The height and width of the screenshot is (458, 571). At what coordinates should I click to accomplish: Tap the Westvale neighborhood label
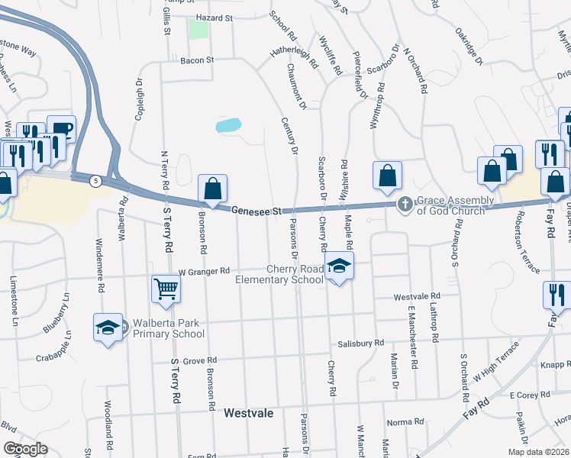pyautogui.click(x=249, y=413)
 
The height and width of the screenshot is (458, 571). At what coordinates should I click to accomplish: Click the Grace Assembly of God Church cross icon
pyautogui.click(x=405, y=204)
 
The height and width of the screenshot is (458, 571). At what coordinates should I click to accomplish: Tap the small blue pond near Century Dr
pyautogui.click(x=228, y=125)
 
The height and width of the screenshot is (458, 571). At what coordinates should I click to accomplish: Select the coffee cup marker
pyautogui.click(x=61, y=129)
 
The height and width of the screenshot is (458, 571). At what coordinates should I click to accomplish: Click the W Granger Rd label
pyautogui.click(x=204, y=271)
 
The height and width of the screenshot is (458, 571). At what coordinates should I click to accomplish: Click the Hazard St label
pyautogui.click(x=214, y=17)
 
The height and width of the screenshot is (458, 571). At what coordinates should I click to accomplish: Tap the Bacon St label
pyautogui.click(x=197, y=60)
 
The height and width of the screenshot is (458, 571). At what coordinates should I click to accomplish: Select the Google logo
pyautogui.click(x=26, y=449)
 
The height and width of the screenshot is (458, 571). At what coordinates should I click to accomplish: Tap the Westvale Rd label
pyautogui.click(x=417, y=296)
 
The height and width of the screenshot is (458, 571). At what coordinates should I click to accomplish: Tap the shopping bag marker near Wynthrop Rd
pyautogui.click(x=388, y=175)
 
